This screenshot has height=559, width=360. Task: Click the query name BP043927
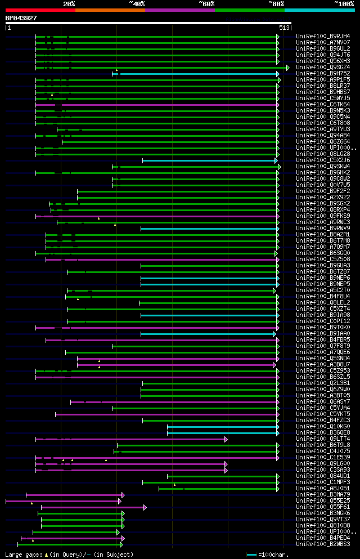pyautogui.click(x=21, y=18)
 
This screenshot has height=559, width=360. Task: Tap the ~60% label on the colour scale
pyautogui.click(x=206, y=4)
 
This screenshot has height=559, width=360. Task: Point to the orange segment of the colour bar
pyautogui.click(x=110, y=10)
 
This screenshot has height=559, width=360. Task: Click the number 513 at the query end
pyautogui.click(x=283, y=28)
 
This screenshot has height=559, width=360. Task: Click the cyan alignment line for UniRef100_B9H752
pyautogui.click(x=197, y=74)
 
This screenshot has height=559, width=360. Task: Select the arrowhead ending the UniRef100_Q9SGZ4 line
pyautogui.click(x=287, y=68)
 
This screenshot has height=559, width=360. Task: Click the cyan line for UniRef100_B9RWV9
pyautogui.click(x=208, y=229)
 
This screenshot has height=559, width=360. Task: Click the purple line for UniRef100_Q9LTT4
pyautogui.click(x=129, y=439)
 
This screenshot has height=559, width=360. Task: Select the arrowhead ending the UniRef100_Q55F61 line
pyautogui.click(x=145, y=507)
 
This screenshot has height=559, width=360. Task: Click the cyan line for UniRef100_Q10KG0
pyautogui.click(x=222, y=427)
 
